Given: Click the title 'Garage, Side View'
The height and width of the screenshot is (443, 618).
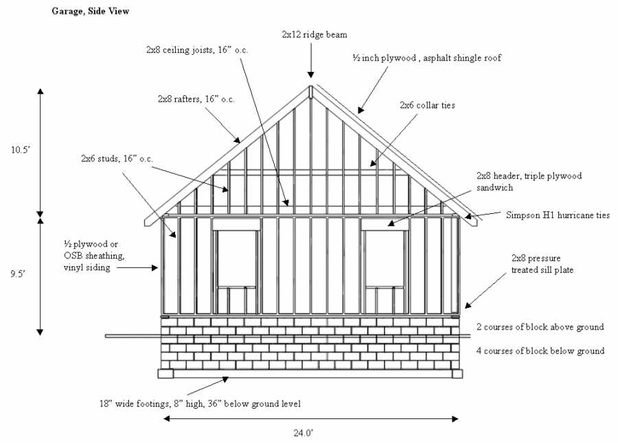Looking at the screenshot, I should click(90, 11).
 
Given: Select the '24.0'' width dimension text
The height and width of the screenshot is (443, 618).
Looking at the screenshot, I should click(304, 432).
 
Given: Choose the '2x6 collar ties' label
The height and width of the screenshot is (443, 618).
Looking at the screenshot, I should click(427, 106).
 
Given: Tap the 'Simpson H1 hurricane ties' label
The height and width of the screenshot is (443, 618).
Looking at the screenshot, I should click(558, 215).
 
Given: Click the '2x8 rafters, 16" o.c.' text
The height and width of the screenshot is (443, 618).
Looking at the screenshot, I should click(196, 99).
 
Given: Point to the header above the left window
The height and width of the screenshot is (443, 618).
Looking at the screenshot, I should click(236, 224).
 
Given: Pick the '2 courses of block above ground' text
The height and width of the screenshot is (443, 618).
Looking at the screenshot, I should click(540, 327).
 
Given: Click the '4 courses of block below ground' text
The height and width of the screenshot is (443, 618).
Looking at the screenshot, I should click(540, 351).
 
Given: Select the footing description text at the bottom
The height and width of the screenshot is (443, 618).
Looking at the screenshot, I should click(199, 403).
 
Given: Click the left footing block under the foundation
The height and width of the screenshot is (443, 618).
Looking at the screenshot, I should click(166, 374).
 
